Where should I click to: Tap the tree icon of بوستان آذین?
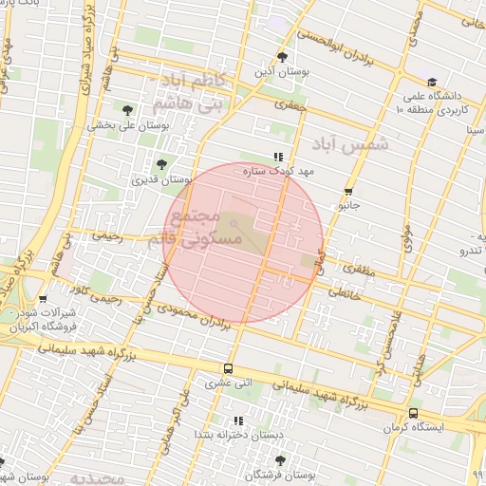(x=281, y=56)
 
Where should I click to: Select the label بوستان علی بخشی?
(x=128, y=124)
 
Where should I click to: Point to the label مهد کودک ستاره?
(x=278, y=172)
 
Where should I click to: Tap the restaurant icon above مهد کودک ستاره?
(x=278, y=157)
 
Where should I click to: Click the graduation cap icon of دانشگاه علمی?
(x=432, y=83)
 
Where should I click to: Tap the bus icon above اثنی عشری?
(x=228, y=368)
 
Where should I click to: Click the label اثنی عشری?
(x=228, y=383)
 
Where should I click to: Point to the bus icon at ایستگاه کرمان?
(x=413, y=413)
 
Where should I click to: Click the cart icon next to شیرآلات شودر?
(x=43, y=300)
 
